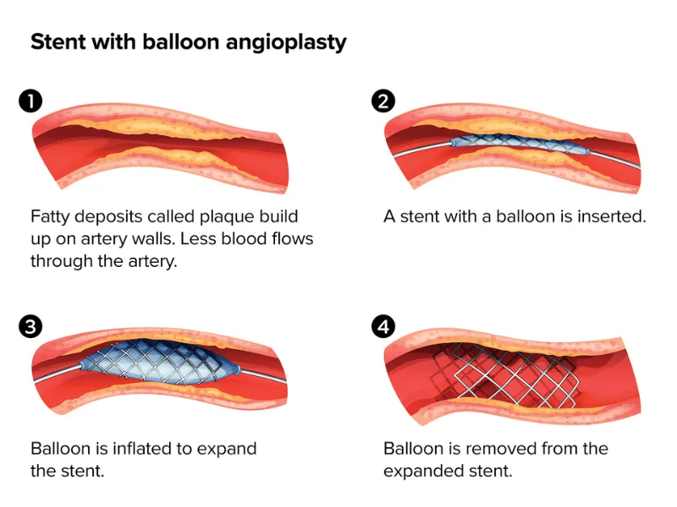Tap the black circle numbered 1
pos(30,102)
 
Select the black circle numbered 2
pos(383,102)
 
